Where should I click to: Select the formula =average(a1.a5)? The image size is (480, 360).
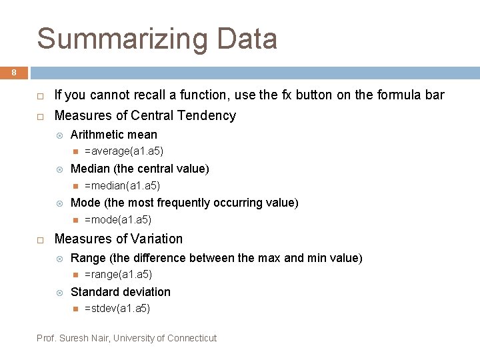[124, 151]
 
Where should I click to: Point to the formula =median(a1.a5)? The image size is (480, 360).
[122, 185]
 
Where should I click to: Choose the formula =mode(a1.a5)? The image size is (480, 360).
[118, 219]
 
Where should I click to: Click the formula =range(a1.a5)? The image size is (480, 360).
[118, 275]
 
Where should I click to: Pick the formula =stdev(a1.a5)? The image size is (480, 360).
[117, 309]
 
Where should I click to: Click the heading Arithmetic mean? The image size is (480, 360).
[113, 135]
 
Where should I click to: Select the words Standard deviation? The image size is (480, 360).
[120, 292]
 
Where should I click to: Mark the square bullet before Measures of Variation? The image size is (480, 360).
[40, 239]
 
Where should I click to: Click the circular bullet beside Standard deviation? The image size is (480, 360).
[59, 293]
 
